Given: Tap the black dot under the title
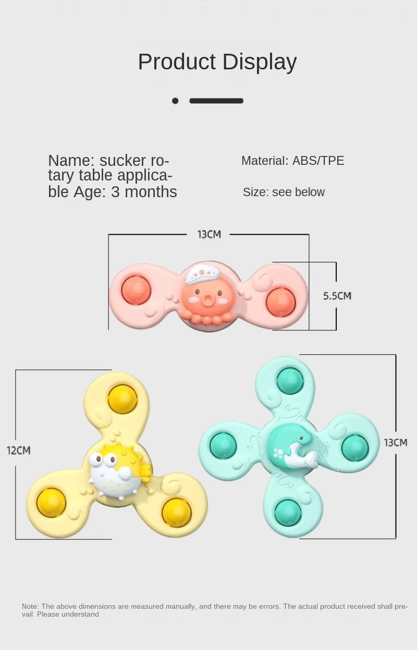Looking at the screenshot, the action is coord(175,101).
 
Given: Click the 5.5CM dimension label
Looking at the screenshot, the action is coord(337,296).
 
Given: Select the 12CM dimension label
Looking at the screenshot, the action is coord(18,450).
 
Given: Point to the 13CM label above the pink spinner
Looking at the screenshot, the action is coord(208,234).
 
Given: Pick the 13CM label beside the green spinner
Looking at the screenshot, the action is coord(395,442).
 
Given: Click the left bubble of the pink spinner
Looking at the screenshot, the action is coord(136,290).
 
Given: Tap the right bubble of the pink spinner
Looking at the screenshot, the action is coord(280,302).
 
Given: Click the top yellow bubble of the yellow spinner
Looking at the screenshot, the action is coord(123,399).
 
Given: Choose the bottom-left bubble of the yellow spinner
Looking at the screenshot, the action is coord(51,502).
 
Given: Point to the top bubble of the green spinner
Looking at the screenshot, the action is coord(290,381).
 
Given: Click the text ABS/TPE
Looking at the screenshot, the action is coord(318,161).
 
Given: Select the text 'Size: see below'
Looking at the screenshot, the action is coord(284,192).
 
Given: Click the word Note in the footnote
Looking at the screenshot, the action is coord(30,606).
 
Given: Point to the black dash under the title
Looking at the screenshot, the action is coord(216,101).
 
